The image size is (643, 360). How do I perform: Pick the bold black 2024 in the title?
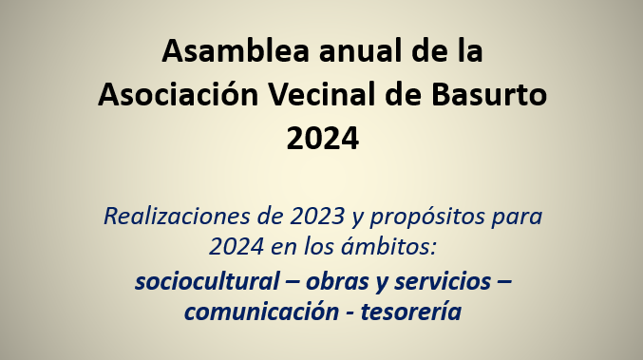322,139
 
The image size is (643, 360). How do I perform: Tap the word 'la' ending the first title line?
465,50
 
